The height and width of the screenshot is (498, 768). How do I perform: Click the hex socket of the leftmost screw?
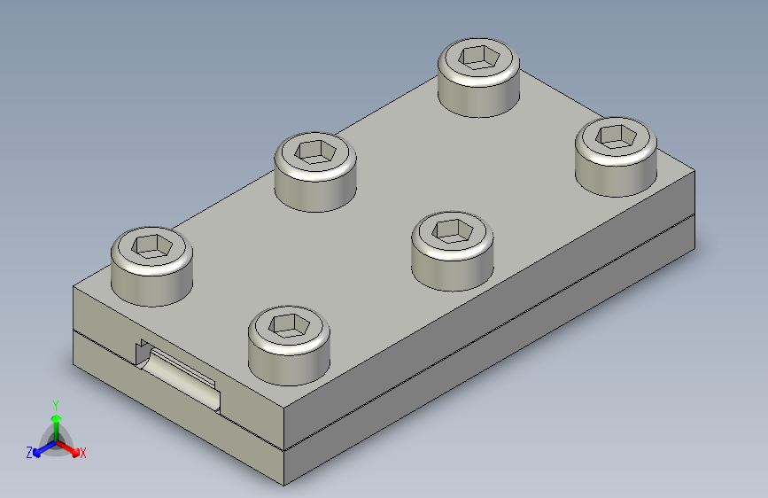point(152,245)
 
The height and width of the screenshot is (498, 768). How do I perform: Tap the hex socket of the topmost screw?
point(479,57)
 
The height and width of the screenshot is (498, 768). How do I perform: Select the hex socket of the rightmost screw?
point(616,136)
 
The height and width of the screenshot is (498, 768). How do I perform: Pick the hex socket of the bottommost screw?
point(289,325)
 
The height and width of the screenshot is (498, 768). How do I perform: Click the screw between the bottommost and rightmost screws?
point(453,251)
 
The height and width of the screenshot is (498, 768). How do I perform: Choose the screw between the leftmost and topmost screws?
point(315,172)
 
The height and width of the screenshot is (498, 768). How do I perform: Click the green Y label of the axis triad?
point(56,406)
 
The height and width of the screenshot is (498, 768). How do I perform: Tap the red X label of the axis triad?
point(82,453)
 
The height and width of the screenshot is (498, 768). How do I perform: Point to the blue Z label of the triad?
point(29,453)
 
